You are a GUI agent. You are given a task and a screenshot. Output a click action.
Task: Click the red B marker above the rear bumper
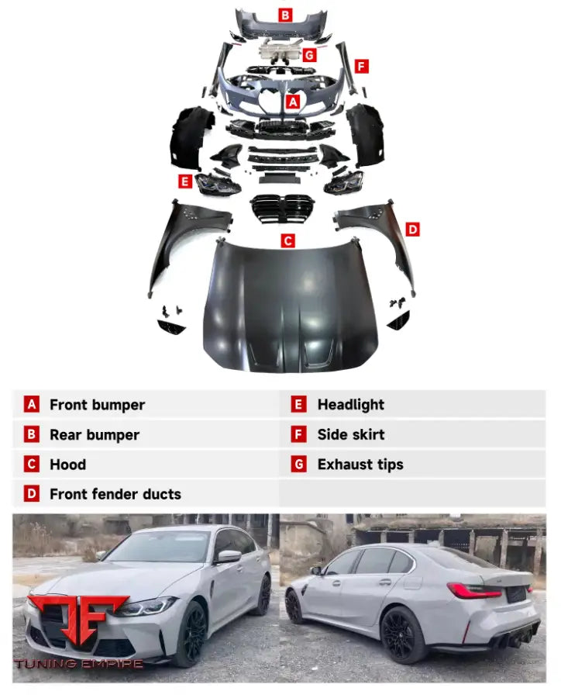(285, 16)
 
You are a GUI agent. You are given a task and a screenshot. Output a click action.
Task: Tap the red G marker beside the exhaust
(309, 55)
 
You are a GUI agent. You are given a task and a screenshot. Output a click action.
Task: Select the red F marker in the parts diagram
(361, 67)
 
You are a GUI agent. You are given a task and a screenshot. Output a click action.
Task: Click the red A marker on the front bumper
(293, 102)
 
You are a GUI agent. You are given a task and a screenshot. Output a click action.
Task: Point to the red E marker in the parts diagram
(185, 181)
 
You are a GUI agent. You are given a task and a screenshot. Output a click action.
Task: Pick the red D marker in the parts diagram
(412, 230)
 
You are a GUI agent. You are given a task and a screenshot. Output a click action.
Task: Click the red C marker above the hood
(287, 241)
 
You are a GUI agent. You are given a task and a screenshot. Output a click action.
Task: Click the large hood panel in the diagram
(290, 307)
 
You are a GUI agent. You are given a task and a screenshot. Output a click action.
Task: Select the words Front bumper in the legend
(97, 405)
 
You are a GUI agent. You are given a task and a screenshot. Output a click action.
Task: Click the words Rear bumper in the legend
(95, 434)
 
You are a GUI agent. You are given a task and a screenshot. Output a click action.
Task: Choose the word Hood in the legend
(67, 465)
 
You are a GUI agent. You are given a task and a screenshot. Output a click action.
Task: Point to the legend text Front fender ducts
(115, 494)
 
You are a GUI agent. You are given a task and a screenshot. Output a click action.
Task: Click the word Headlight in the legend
(350, 405)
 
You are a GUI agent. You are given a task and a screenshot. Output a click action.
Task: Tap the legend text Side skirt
(351, 434)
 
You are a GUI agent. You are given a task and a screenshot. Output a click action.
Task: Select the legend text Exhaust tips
(360, 465)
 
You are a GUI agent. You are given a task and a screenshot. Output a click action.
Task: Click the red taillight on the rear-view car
(474, 590)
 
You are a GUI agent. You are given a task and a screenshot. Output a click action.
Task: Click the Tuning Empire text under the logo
(78, 664)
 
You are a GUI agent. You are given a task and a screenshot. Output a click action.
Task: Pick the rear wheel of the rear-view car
(401, 635)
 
